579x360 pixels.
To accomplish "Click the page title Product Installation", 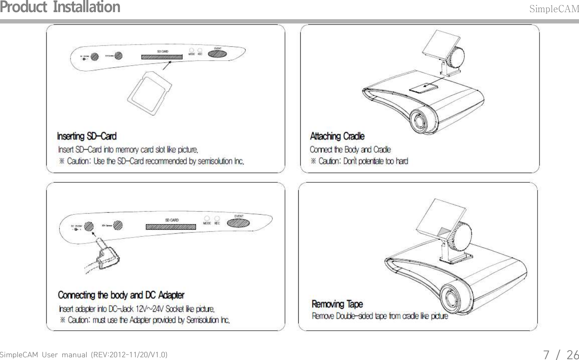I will tap(60, 7).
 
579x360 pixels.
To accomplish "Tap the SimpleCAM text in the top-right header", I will tap(554, 9).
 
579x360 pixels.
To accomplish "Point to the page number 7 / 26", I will tap(561, 354).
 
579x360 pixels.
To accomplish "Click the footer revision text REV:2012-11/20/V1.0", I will tap(128, 355).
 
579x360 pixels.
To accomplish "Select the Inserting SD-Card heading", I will tap(87, 136).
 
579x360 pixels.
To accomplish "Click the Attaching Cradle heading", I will tap(337, 136).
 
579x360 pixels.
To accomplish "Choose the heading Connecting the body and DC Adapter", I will tap(121, 295).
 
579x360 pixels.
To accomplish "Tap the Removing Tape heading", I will tap(337, 304).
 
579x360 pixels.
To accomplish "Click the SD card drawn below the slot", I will tap(150, 94).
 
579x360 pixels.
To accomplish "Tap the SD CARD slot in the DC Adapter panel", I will tap(171, 227).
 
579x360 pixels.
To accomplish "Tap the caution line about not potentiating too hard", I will tap(359, 161).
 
